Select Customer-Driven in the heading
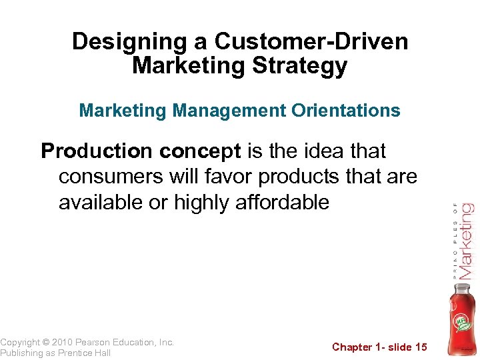pos(311,42)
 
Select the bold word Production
pos(97,152)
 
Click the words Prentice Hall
pos(85,353)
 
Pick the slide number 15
pos(421,347)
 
